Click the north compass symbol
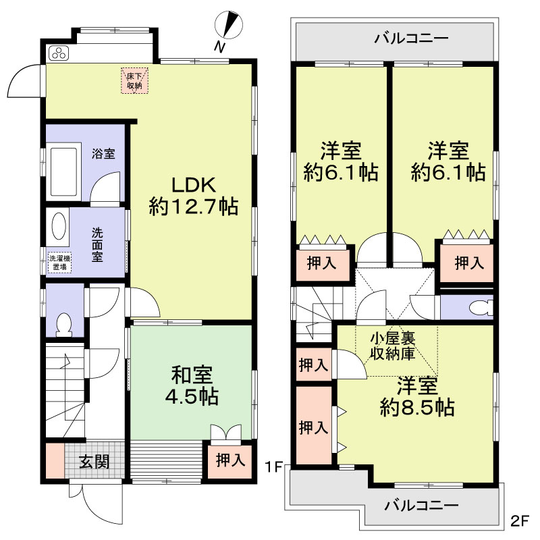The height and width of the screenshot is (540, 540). click(x=231, y=26)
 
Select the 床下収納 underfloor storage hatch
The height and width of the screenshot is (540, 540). click(x=133, y=80)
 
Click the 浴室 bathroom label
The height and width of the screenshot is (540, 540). click(x=103, y=153)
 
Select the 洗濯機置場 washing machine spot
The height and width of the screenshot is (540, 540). click(x=59, y=262)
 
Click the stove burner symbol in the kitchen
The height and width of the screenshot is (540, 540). click(x=57, y=53)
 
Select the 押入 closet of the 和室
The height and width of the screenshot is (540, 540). click(x=230, y=460)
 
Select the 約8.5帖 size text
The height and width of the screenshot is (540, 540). click(x=416, y=407)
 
